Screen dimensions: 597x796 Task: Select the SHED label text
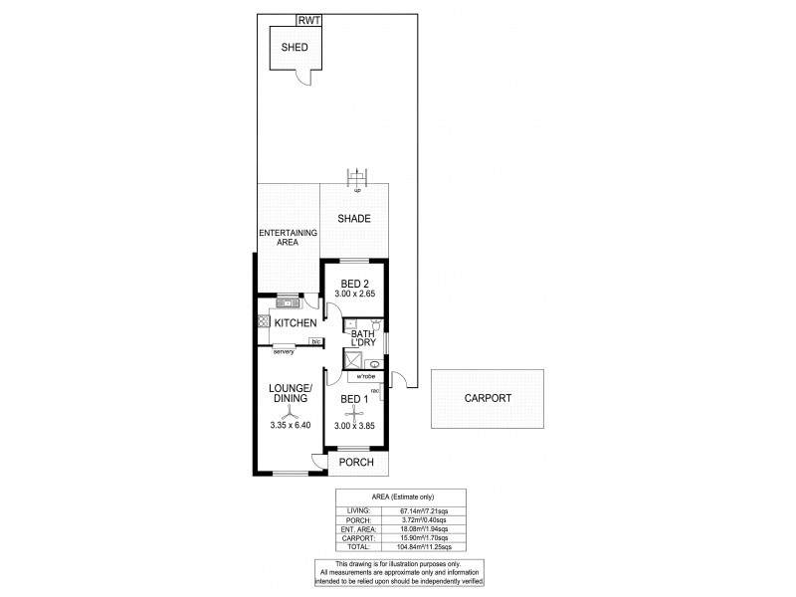pyautogui.click(x=294, y=48)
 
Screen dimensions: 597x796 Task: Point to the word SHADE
pyautogui.click(x=353, y=219)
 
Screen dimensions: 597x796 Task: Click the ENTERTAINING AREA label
pyautogui.click(x=288, y=237)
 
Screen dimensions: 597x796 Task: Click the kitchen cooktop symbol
pyautogui.click(x=263, y=321)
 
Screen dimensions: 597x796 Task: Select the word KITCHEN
pyautogui.click(x=297, y=323)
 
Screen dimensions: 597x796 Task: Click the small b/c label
pyautogui.click(x=315, y=341)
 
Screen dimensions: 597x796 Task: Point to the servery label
pyautogui.click(x=286, y=350)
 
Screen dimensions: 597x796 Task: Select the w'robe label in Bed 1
pyautogui.click(x=354, y=377)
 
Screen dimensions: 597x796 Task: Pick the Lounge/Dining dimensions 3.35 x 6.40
pyautogui.click(x=291, y=426)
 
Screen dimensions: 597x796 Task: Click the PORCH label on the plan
pyautogui.click(x=356, y=463)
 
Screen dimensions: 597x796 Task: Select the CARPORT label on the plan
pyautogui.click(x=489, y=398)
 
